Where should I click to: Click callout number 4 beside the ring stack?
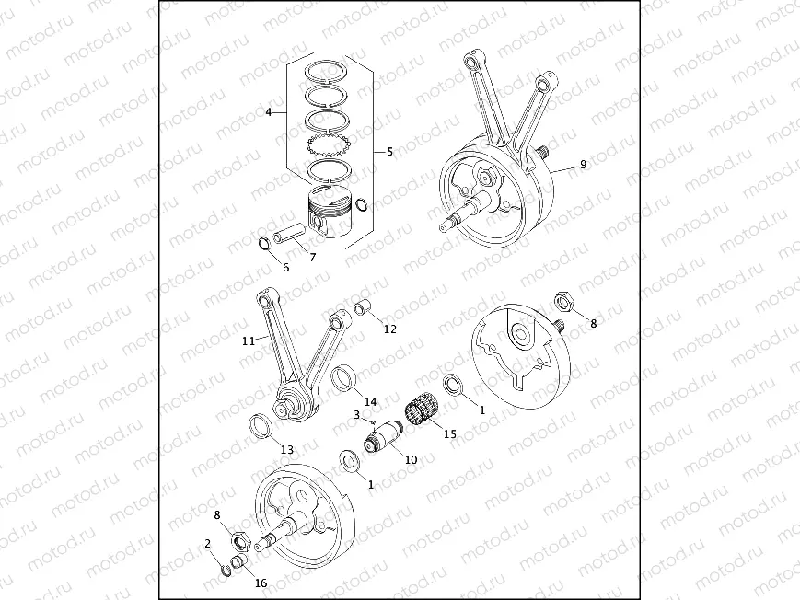(x=268, y=112)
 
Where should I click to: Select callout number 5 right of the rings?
(x=388, y=150)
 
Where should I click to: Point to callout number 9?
(x=583, y=165)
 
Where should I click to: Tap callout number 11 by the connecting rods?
(x=248, y=340)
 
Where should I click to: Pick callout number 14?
(x=370, y=402)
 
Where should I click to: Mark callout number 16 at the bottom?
(x=261, y=583)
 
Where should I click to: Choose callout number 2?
(x=208, y=544)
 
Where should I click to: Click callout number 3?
(x=355, y=415)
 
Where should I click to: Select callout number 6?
(x=285, y=267)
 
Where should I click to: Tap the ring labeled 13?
(x=261, y=425)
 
